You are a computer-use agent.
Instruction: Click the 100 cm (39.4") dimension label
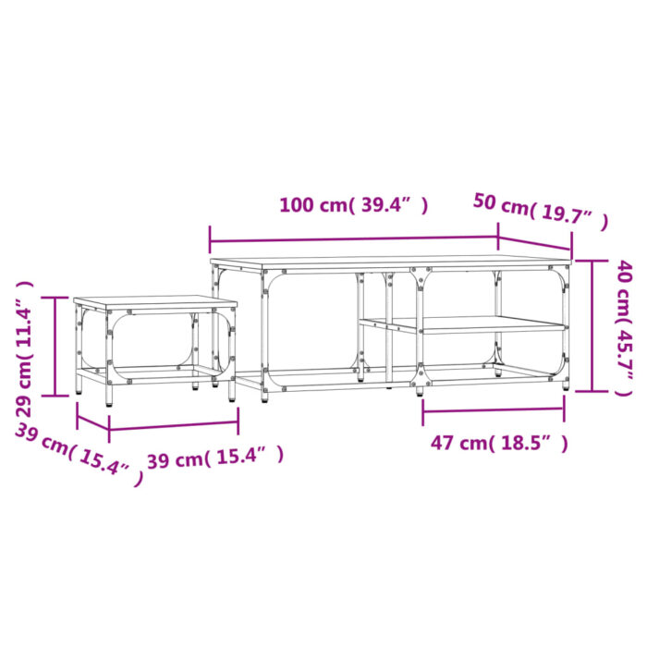point(353,205)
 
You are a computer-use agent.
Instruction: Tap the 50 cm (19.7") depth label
point(541,212)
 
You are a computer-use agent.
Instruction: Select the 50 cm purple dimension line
point(535,242)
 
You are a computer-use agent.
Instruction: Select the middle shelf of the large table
point(462,324)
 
